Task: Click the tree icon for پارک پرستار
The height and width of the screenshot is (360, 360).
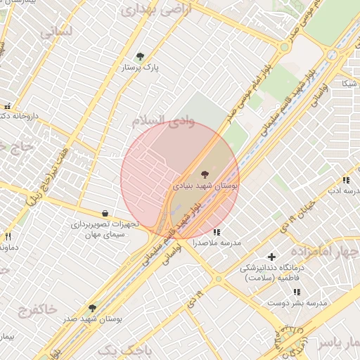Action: click(x=140, y=56)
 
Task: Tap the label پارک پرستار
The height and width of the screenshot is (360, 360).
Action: click(x=140, y=67)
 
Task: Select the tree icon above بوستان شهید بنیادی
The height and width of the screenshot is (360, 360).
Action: click(x=205, y=173)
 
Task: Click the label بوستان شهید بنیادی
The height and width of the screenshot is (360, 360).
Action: click(x=205, y=186)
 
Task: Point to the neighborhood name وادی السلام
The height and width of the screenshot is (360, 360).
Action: click(x=163, y=121)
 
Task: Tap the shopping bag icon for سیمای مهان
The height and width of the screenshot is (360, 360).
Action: click(x=105, y=213)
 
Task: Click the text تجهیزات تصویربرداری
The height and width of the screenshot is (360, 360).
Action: click(x=105, y=224)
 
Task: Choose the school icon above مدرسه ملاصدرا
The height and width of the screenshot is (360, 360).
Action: click(x=217, y=231)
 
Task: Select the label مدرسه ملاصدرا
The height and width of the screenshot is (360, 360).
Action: click(x=217, y=243)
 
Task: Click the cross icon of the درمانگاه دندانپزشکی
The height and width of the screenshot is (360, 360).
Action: click(x=271, y=257)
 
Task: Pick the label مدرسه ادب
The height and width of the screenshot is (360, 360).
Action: click(x=344, y=191)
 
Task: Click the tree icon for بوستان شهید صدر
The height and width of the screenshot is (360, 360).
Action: click(x=92, y=308)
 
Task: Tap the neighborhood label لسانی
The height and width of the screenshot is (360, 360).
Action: click(x=56, y=31)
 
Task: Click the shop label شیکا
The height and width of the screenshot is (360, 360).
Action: click(x=349, y=84)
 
